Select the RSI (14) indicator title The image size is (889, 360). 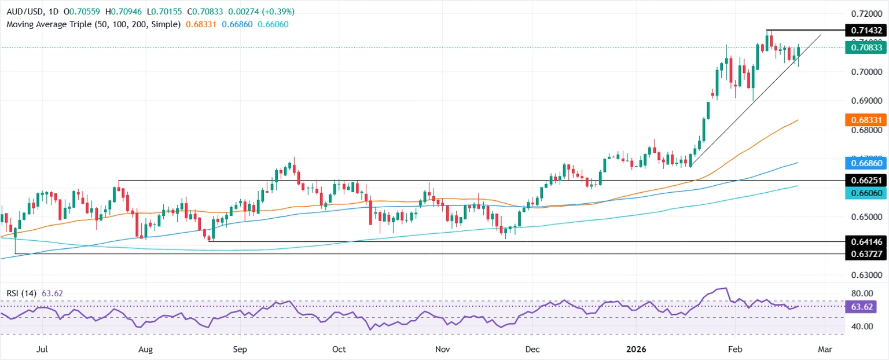tap(21, 293)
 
